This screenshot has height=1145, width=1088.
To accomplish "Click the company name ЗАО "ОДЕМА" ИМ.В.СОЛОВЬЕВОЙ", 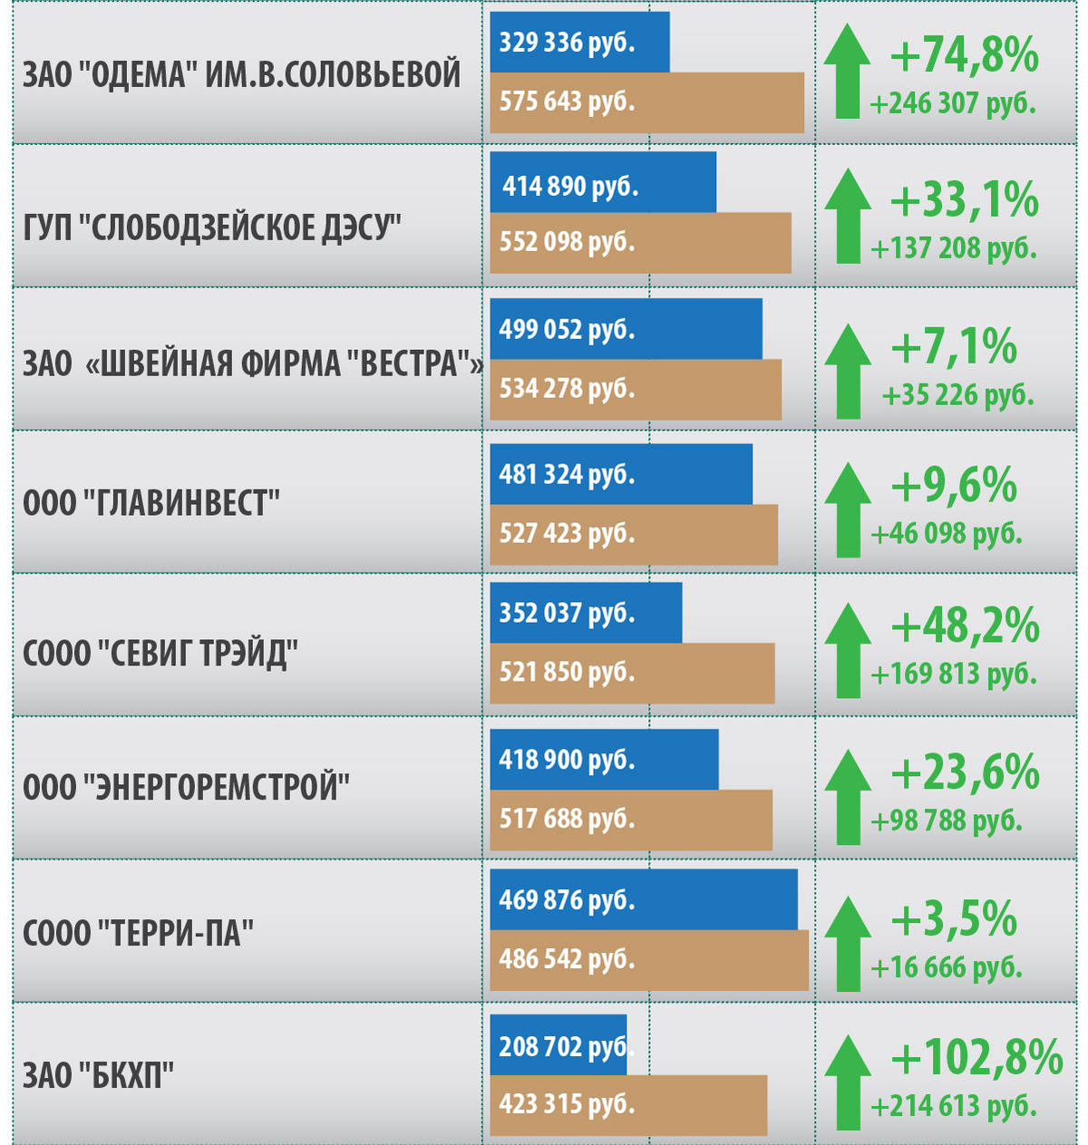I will click(241, 75).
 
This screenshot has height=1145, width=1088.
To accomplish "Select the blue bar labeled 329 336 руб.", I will click(579, 43).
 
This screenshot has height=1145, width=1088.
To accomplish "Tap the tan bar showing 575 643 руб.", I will click(646, 102).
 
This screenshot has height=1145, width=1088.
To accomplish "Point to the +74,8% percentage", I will click(964, 55).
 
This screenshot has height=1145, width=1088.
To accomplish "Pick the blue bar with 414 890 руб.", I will click(602, 183).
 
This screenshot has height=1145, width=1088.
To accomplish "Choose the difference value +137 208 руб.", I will click(953, 247).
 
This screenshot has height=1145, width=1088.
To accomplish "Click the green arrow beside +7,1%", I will click(848, 372).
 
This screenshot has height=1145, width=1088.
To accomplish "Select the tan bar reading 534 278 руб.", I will click(635, 389).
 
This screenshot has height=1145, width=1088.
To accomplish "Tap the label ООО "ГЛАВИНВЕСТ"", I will click(151, 502).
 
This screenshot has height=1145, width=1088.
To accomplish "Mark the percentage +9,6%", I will click(953, 486).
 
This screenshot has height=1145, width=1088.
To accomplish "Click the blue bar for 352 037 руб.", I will click(586, 613).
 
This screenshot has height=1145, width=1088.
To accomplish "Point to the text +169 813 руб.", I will click(953, 674).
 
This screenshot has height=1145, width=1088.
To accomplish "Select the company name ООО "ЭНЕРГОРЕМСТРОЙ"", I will click(186, 787).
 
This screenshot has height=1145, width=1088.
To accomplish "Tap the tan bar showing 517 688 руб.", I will click(631, 820).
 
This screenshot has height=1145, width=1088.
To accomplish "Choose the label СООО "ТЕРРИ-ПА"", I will click(138, 933).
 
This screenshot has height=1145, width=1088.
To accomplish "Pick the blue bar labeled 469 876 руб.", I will click(644, 899).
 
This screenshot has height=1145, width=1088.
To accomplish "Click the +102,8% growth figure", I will click(976, 1057).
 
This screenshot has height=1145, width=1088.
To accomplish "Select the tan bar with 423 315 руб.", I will click(628, 1105).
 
